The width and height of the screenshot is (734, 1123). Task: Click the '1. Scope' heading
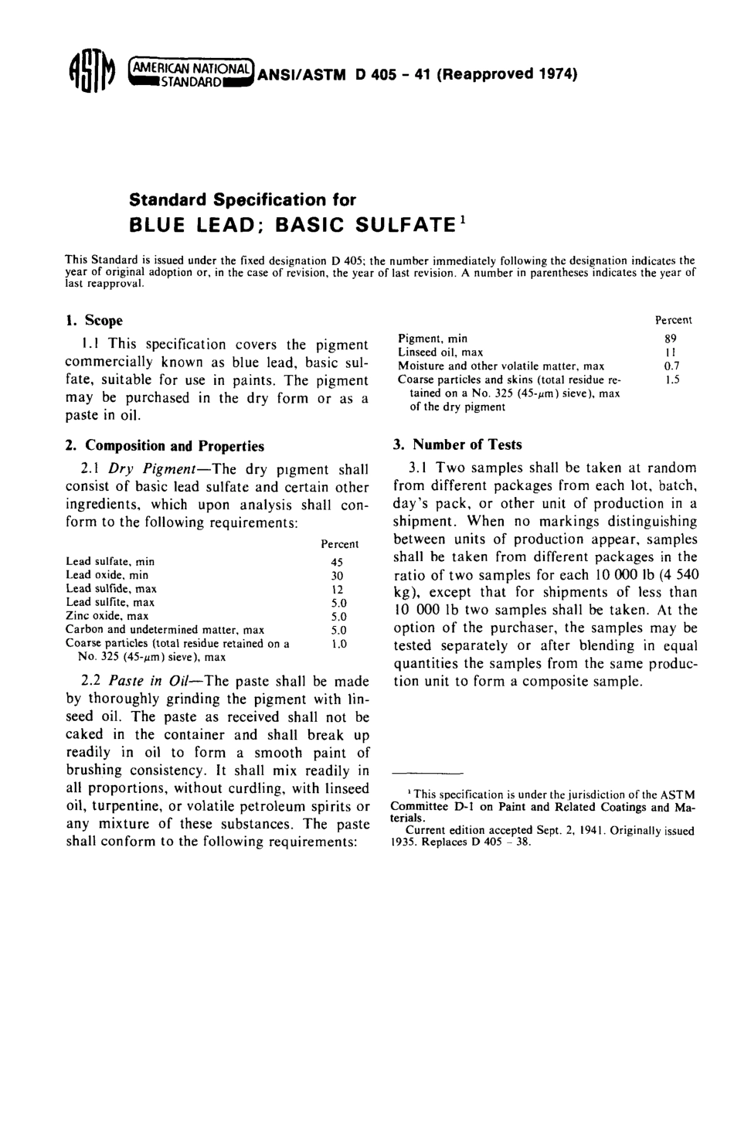[x=93, y=320]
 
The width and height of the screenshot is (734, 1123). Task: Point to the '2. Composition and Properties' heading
[x=165, y=446]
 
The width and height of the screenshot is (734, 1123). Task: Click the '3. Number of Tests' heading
[x=457, y=444]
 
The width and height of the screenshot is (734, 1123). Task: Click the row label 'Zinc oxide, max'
[x=107, y=616]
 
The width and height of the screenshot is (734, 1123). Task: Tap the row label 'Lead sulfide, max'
[x=111, y=589]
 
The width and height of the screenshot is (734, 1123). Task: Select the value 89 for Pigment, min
[x=670, y=339]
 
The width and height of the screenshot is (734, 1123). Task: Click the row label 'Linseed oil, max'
[x=440, y=352]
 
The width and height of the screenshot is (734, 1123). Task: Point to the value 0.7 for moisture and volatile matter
[x=671, y=366]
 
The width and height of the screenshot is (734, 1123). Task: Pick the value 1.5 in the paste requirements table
[x=671, y=380]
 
